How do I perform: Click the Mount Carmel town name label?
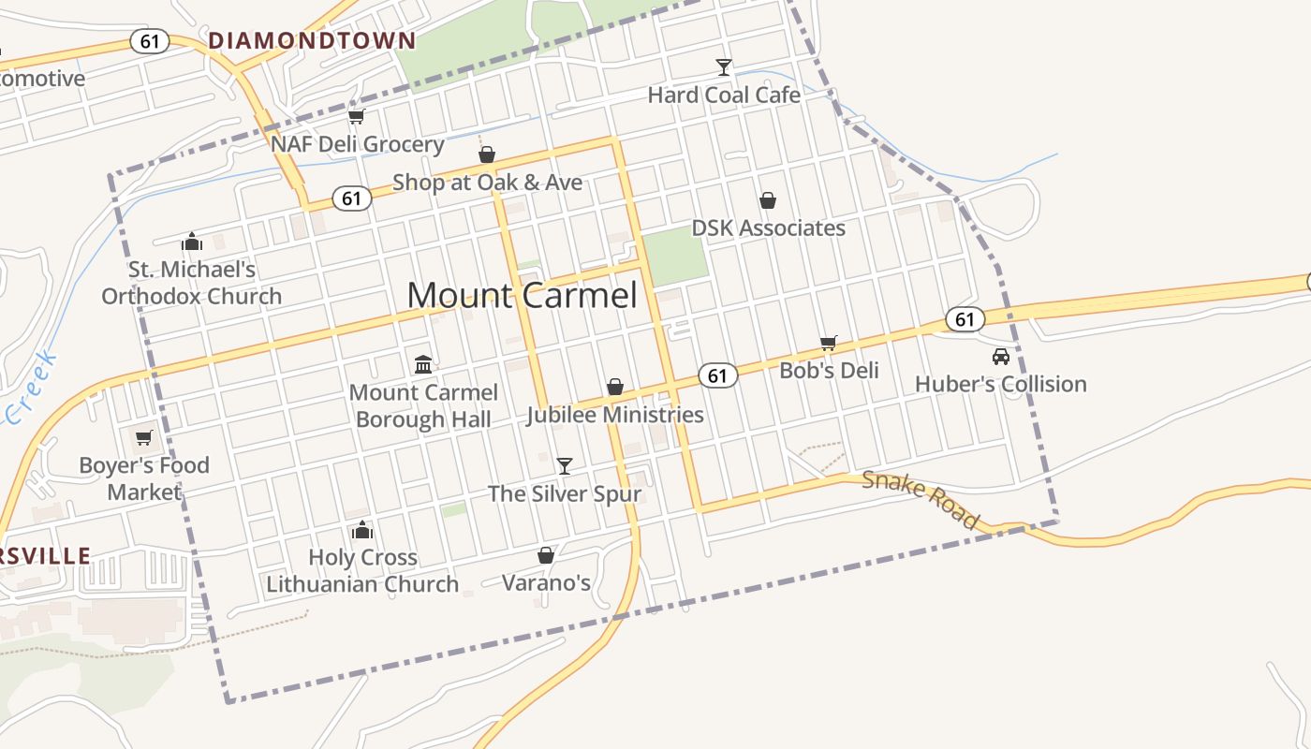click(522, 295)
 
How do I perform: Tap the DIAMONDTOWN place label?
click(312, 40)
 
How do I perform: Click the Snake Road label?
click(921, 500)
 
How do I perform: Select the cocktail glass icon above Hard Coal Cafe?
click(723, 66)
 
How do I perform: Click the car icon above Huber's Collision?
click(1000, 357)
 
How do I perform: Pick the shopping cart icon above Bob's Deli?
click(828, 343)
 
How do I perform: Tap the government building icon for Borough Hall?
click(423, 363)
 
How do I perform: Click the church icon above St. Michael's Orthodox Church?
click(192, 242)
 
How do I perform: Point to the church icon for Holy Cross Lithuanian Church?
click(362, 530)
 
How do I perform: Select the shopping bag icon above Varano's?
click(546, 555)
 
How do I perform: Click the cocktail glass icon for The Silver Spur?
click(564, 465)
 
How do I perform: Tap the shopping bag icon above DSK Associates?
click(768, 200)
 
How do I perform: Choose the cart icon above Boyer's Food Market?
click(143, 437)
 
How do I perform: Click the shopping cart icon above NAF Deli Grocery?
click(356, 116)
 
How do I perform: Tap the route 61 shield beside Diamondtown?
click(150, 41)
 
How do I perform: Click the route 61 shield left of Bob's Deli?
click(718, 375)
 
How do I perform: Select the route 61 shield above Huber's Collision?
click(965, 319)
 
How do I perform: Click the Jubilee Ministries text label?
click(614, 415)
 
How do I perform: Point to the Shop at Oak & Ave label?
click(487, 183)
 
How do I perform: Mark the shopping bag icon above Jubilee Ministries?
click(615, 387)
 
